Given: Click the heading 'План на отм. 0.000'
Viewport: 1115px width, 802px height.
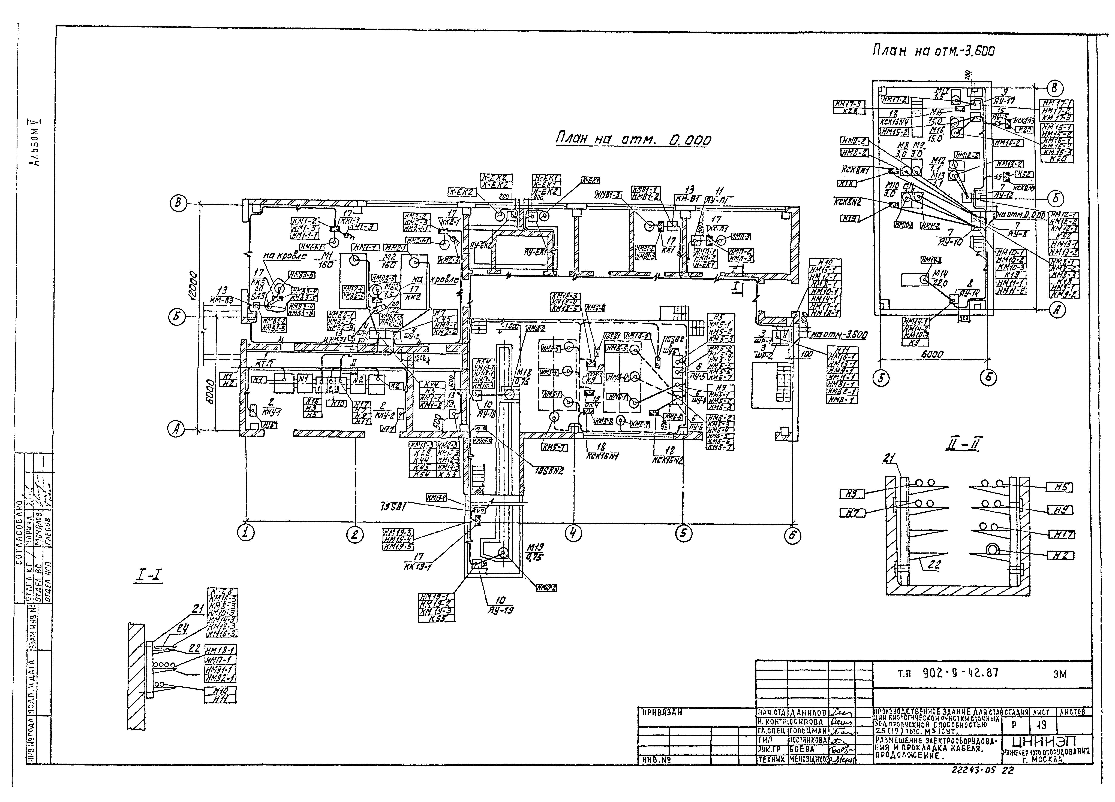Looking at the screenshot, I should tap(633, 140).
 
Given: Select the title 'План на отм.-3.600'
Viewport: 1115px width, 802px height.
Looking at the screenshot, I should tap(933, 50).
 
